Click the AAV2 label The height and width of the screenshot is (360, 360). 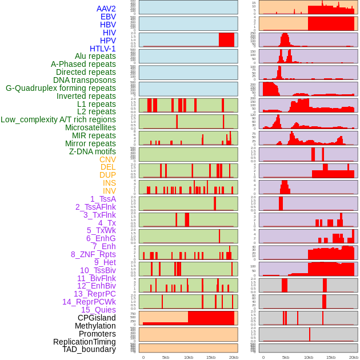(106, 9)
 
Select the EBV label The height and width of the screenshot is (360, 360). (108, 17)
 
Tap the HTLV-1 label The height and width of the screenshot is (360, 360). (102, 49)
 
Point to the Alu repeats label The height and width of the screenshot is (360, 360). (95, 56)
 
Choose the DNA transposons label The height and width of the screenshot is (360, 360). (85, 80)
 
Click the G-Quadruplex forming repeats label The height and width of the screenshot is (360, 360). (61, 88)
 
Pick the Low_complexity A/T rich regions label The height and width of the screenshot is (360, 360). (58, 119)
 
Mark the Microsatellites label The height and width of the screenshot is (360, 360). (90, 127)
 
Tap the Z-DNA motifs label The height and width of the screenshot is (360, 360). (93, 151)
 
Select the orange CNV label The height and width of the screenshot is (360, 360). (107, 159)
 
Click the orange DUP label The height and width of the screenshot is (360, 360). (107, 175)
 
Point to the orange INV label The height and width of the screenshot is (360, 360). (109, 191)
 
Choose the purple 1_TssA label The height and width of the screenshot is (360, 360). (103, 199)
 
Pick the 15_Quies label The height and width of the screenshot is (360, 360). (98, 310)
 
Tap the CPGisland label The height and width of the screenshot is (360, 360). (97, 318)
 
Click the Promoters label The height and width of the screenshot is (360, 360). (97, 334)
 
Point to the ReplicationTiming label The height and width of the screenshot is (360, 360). (84, 342)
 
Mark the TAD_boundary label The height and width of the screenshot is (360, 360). (89, 349)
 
